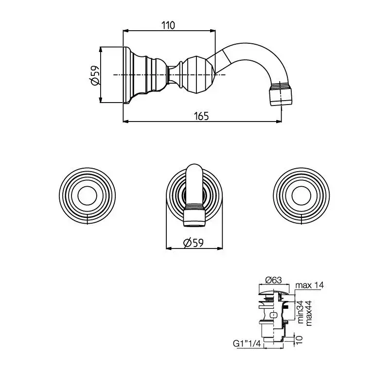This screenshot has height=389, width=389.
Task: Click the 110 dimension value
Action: pyautogui.click(x=168, y=25)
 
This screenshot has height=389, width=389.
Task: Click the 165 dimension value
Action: pyautogui.click(x=201, y=116)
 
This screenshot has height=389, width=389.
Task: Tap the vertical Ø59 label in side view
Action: pyautogui.click(x=94, y=75)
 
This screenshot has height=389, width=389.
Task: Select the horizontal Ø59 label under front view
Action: pyautogui.click(x=193, y=243)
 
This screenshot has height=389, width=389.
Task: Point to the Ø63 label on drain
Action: pyautogui.click(x=273, y=280)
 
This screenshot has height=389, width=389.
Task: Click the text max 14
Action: pyautogui.click(x=309, y=285)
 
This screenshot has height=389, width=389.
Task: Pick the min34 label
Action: pyautogui.click(x=300, y=312)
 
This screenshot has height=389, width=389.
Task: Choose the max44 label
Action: pyautogui.click(x=309, y=313)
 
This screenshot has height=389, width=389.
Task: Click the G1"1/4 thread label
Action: pyautogui.click(x=247, y=344)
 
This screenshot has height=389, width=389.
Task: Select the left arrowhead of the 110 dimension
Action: pyautogui.click(x=126, y=31)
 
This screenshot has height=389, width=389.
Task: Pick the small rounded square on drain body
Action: pyautogui.click(x=274, y=316)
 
